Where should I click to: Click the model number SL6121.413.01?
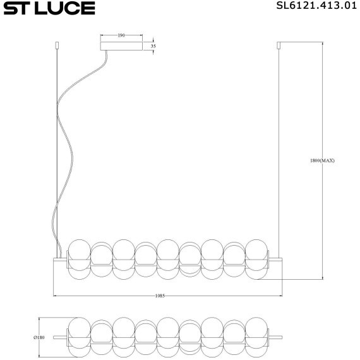[313, 8]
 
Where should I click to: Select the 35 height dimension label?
[152, 46]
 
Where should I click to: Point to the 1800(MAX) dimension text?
[322, 161]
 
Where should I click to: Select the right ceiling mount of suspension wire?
[279, 46]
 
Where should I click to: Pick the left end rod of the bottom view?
[60, 337]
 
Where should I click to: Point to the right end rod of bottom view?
[275, 337]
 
